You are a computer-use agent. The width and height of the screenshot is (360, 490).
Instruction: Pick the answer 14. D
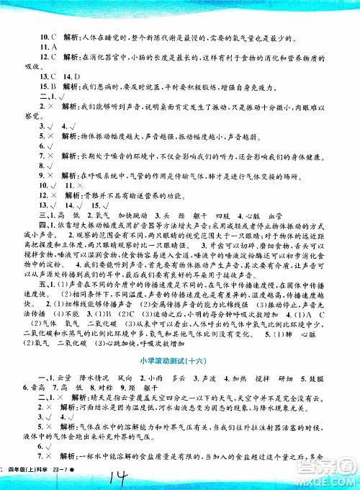coord(63,76)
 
